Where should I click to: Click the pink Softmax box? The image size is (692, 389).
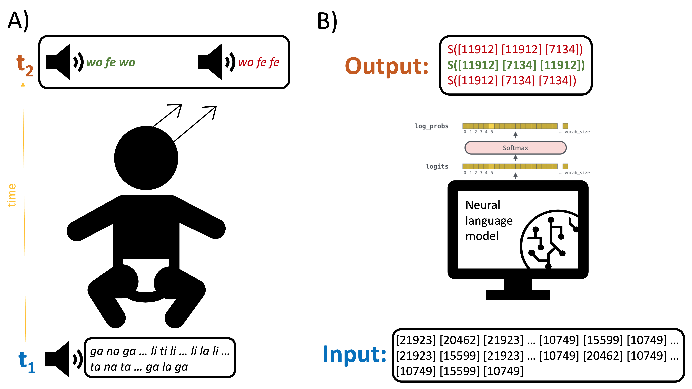[x=515, y=148]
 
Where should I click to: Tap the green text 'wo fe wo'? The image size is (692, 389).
[x=111, y=63]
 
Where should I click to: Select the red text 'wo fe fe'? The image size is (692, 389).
[x=259, y=63]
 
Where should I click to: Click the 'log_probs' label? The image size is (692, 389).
[x=431, y=126]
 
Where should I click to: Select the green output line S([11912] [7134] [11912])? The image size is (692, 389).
[x=516, y=65]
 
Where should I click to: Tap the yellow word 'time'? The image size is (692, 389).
[x=12, y=195]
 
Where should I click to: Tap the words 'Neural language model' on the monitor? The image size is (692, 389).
[x=489, y=220]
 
